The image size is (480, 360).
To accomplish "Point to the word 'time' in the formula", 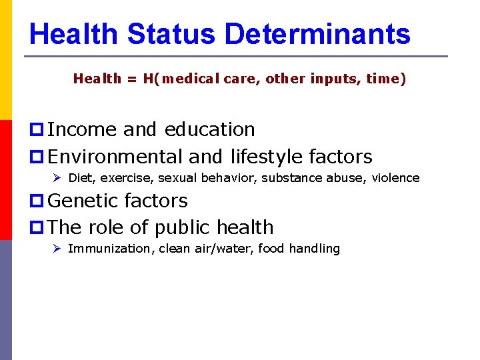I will click(382, 79).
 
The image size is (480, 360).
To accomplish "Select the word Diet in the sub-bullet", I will click(80, 178).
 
